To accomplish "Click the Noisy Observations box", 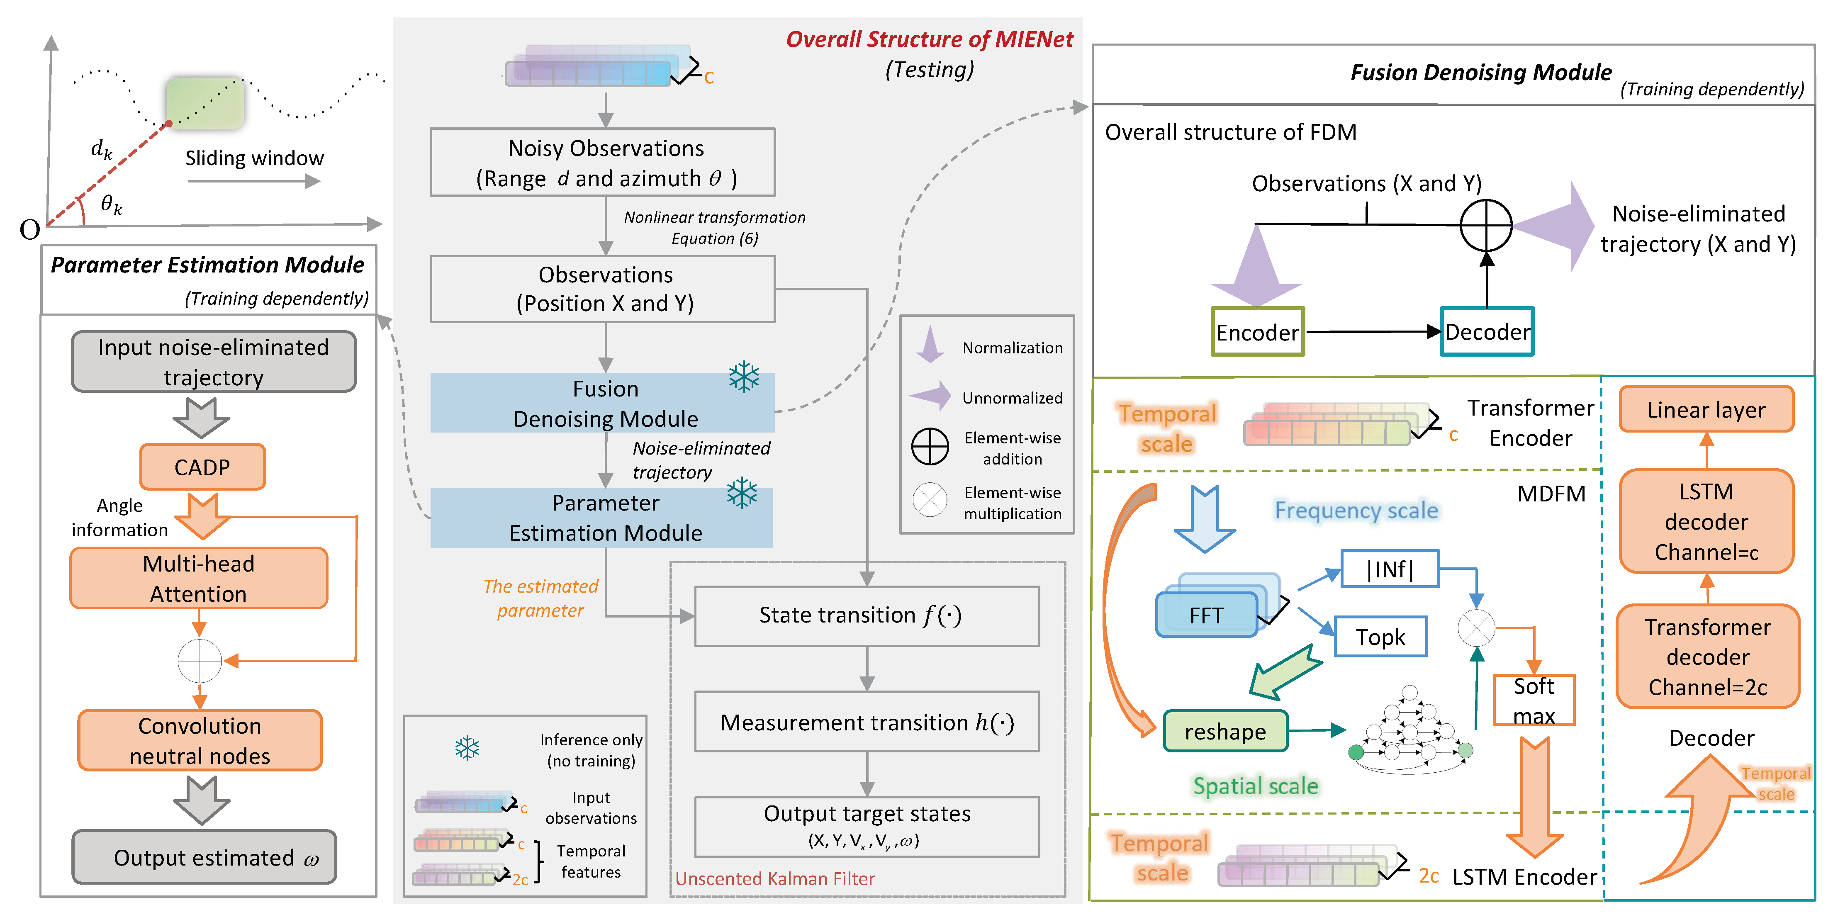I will pyautogui.click(x=603, y=162).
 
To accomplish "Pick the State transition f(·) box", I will pyautogui.click(x=866, y=615).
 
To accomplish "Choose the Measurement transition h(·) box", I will pyautogui.click(x=866, y=722).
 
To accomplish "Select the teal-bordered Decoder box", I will pyautogui.click(x=1487, y=331).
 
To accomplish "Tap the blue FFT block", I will pyautogui.click(x=1207, y=615).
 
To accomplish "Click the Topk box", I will pyautogui.click(x=1380, y=637).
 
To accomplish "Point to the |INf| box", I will pyautogui.click(x=1390, y=569).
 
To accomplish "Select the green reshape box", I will pyautogui.click(x=1225, y=731).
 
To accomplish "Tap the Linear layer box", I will pyautogui.click(x=1706, y=410).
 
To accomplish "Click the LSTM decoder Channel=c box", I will pyautogui.click(x=1706, y=521).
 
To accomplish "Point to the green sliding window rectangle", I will pyautogui.click(x=205, y=103).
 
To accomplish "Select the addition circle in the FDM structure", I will pyautogui.click(x=1486, y=226).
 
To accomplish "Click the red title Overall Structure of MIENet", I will pyautogui.click(x=929, y=39).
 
